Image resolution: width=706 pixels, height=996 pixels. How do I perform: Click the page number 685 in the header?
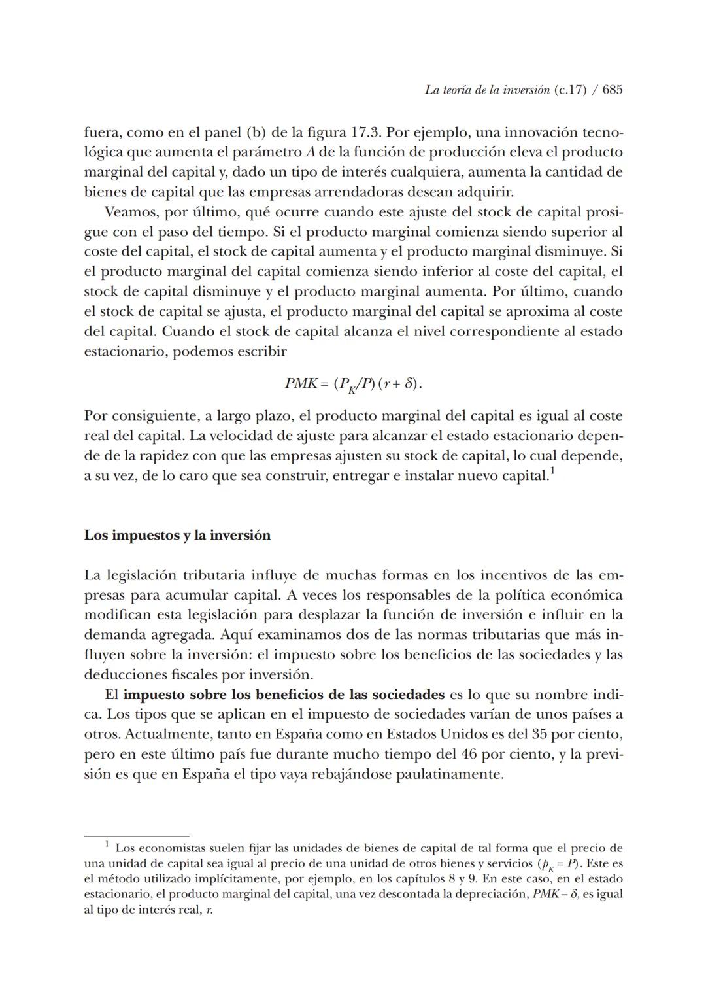(613, 90)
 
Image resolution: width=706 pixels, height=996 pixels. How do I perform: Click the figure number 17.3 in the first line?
(366, 132)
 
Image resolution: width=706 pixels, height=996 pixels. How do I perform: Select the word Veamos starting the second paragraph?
(129, 213)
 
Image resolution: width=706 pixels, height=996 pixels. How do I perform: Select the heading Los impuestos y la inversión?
(177, 535)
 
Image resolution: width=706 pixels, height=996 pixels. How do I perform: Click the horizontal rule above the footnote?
(136, 836)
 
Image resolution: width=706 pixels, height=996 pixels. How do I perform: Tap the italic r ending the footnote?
(209, 910)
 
